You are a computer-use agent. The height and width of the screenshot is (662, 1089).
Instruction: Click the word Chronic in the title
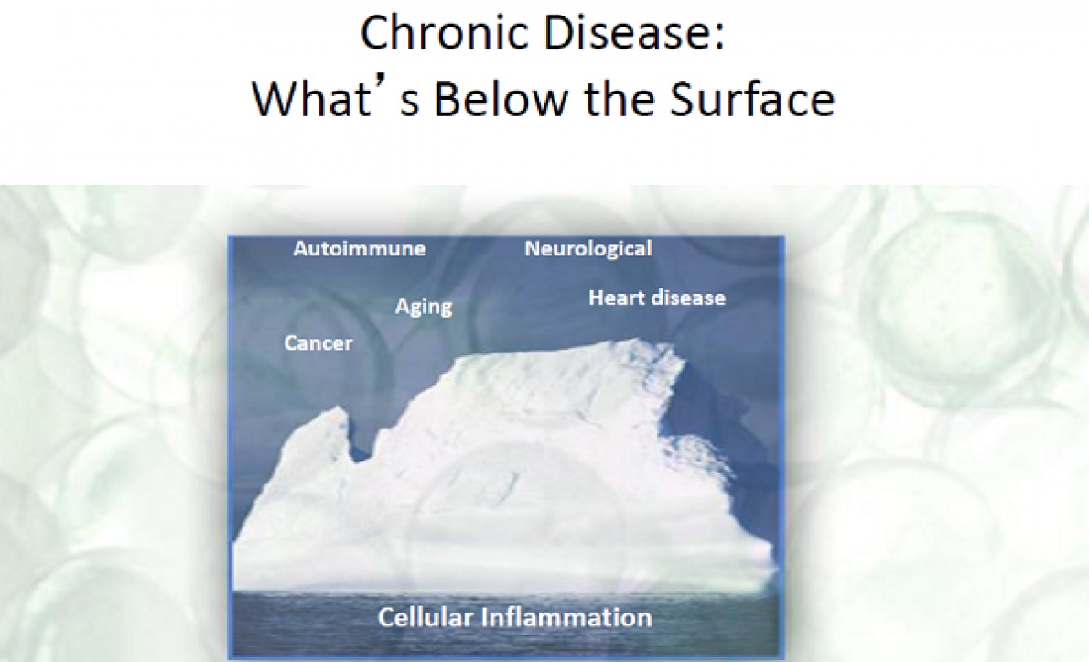(445, 33)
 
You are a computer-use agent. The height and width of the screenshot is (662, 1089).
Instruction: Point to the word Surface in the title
(752, 98)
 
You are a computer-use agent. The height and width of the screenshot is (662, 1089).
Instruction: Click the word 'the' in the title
(618, 98)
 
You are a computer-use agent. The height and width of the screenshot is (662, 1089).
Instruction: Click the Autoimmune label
(359, 249)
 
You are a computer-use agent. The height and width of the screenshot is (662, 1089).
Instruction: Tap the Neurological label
(588, 249)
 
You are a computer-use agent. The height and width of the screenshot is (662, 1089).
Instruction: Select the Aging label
(424, 307)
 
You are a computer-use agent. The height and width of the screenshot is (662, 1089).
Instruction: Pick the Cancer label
(318, 342)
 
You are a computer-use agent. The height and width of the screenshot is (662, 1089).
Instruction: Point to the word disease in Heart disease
(685, 298)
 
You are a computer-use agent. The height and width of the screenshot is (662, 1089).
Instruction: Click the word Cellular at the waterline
(425, 617)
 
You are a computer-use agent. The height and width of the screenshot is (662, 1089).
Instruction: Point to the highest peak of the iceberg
(635, 341)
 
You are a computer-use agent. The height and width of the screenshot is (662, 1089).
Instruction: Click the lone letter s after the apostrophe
(410, 104)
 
